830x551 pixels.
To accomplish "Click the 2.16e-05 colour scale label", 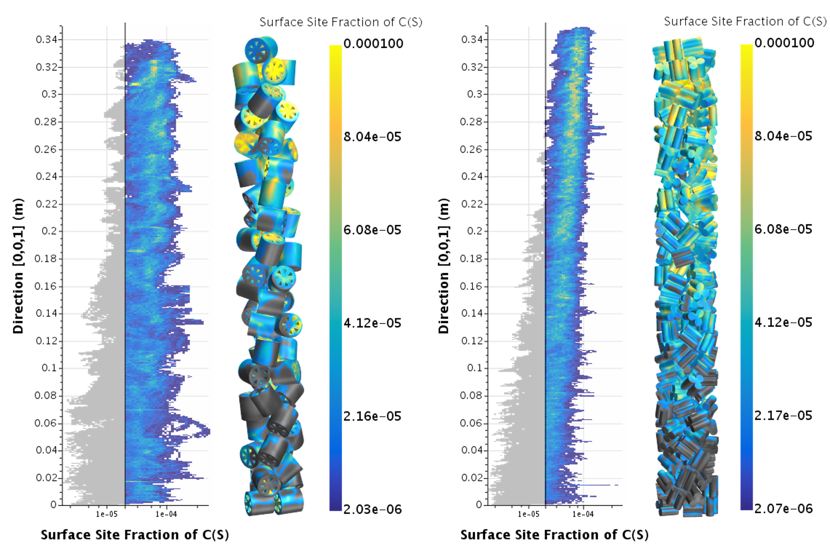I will pyautogui.click(x=373, y=417).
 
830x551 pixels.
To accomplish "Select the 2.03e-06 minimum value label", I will pyautogui.click(x=373, y=510).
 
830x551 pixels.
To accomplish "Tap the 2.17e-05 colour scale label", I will pyautogui.click(x=784, y=416).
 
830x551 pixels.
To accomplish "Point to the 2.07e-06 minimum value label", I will pyautogui.click(x=784, y=509).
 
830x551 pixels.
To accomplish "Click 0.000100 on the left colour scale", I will pyautogui.click(x=374, y=44).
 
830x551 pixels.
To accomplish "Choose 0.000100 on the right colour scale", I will pyautogui.click(x=785, y=44).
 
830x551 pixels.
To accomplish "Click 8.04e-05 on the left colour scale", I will pyautogui.click(x=373, y=137).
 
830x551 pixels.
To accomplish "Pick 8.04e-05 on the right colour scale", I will pyautogui.click(x=784, y=137).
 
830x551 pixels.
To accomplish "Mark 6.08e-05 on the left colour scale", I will pyautogui.click(x=373, y=230).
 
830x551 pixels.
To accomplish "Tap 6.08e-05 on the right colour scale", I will pyautogui.click(x=784, y=230).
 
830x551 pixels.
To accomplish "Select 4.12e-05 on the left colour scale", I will pyautogui.click(x=373, y=323).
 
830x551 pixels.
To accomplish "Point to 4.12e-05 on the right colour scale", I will pyautogui.click(x=784, y=323).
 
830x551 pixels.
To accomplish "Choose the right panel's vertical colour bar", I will pyautogui.click(x=746, y=277).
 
